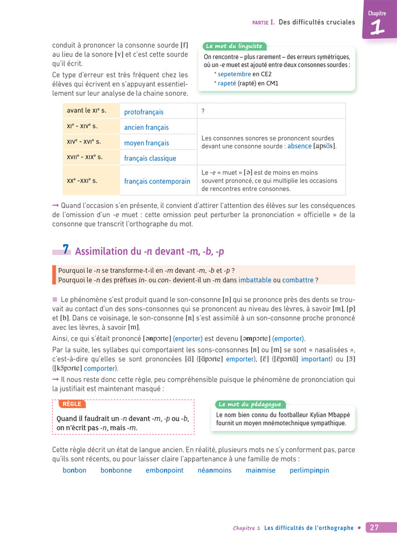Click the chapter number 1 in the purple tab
tap(377, 28)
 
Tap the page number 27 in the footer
tap(374, 528)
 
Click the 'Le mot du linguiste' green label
tap(233, 46)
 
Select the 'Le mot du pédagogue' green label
tap(250, 404)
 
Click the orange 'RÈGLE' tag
tap(71, 404)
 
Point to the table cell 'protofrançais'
tap(143, 112)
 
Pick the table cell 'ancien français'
tap(146, 128)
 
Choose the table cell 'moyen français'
tap(146, 143)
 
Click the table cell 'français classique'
tap(150, 158)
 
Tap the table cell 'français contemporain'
tap(157, 181)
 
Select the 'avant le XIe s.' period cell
tap(86, 111)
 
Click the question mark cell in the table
tap(203, 111)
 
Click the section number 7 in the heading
tap(66, 250)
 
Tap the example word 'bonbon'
tap(74, 470)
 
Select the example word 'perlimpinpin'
tap(309, 470)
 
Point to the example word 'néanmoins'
tap(214, 470)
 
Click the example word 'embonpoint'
tap(164, 470)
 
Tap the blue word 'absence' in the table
tap(299, 146)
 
